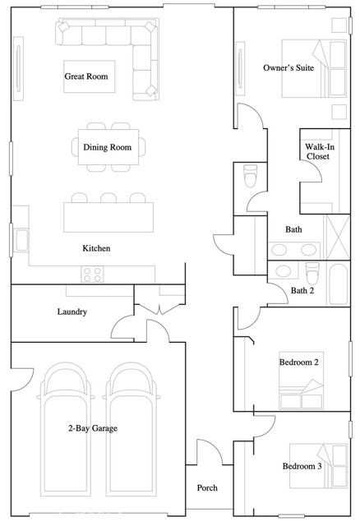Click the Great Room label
tap(86, 76)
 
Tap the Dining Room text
tap(108, 147)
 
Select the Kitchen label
tap(96, 248)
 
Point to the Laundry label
tap(72, 311)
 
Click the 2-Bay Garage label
tap(93, 428)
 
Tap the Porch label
tap(207, 487)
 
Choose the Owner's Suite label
tap(288, 67)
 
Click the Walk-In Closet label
tap(319, 151)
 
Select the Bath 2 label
tap(302, 290)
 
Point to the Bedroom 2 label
tap(299, 362)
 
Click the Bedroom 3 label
tap(302, 466)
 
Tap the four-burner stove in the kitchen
tap(92, 274)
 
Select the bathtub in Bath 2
tap(338, 284)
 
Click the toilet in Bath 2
tap(312, 273)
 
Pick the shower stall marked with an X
tap(338, 238)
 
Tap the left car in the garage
tap(66, 429)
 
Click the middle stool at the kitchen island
tap(108, 197)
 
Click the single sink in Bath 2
tap(284, 271)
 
